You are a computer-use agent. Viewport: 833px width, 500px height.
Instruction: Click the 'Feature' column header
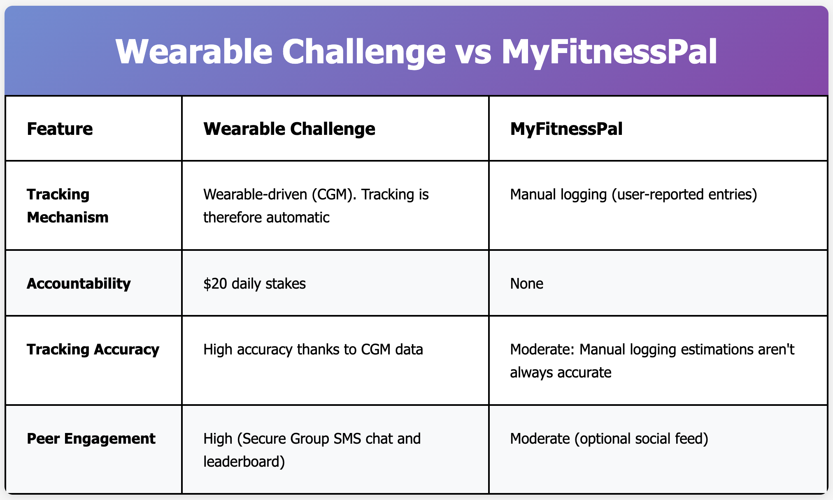coord(60,129)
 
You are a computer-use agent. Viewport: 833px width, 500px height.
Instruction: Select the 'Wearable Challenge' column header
coord(289,129)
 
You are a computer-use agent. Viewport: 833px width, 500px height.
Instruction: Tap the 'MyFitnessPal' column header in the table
coord(566,129)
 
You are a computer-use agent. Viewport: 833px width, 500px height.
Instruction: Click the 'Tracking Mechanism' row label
coord(67,206)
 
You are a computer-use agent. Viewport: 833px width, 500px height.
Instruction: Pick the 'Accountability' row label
coord(79,284)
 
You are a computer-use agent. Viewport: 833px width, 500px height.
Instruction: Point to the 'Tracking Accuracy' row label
coord(93,350)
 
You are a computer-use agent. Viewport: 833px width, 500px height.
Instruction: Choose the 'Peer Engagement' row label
coord(91,439)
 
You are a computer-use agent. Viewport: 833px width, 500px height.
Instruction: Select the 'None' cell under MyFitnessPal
coord(526,284)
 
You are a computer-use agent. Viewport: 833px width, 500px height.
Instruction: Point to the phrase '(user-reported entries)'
coord(684,194)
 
